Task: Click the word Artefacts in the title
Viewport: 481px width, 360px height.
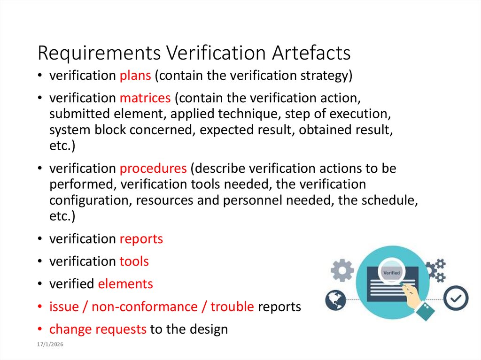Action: pos(311,53)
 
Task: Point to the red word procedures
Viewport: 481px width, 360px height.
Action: pos(153,168)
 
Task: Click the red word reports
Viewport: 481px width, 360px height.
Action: pos(141,239)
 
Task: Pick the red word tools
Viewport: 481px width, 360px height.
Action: pos(134,261)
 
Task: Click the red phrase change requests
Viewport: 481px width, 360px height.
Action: pos(98,329)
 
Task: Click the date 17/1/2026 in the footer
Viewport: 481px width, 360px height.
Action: pos(50,345)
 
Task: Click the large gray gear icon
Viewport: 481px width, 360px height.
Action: pos(342,270)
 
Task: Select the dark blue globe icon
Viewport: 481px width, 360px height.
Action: pos(335,299)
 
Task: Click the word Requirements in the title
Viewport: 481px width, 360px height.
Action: pos(98,53)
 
